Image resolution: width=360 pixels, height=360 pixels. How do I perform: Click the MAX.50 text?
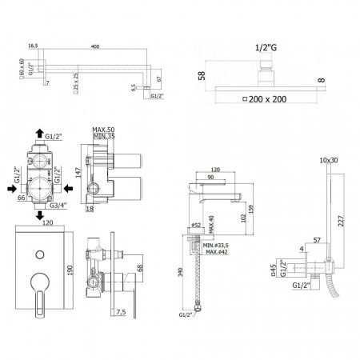tap(102, 129)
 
